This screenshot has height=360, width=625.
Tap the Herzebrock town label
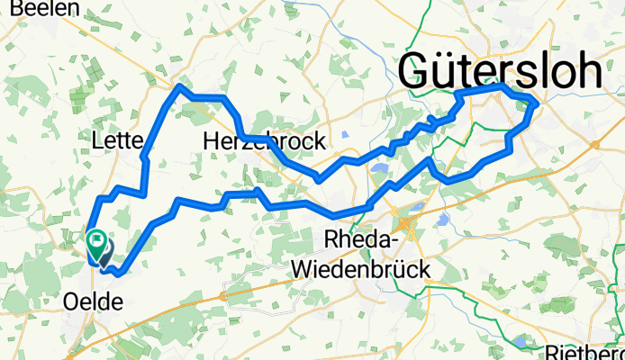[264, 142]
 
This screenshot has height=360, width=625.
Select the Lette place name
[118, 141]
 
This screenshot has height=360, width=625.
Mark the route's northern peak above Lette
[179, 86]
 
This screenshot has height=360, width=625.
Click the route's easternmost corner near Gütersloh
[537, 104]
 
